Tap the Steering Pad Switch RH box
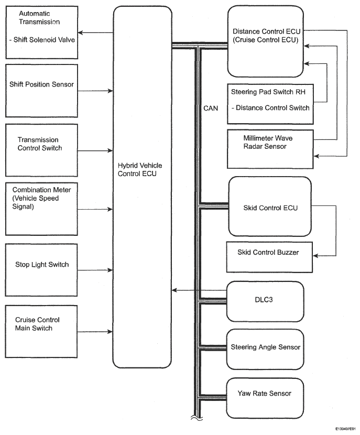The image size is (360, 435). click(269, 100)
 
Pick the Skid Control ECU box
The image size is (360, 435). click(269, 208)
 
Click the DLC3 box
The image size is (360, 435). click(265, 301)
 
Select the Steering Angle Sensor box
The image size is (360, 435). click(265, 347)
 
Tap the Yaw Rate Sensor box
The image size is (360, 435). click(265, 394)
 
